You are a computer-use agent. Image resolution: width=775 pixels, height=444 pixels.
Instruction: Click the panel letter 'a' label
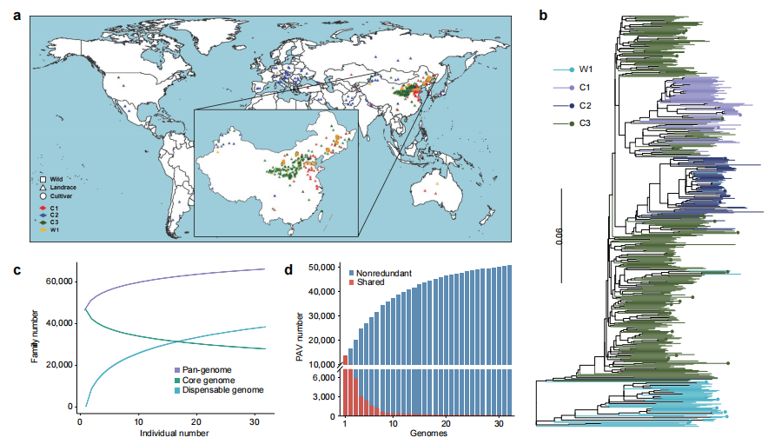17,13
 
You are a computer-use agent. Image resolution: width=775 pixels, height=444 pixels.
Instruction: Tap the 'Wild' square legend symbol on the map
43,178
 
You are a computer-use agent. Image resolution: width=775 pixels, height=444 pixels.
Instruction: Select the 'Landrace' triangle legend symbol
43,188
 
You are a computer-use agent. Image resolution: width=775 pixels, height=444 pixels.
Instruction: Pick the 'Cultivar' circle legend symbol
43,197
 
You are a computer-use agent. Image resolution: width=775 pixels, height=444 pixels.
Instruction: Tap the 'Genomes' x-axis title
423,434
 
